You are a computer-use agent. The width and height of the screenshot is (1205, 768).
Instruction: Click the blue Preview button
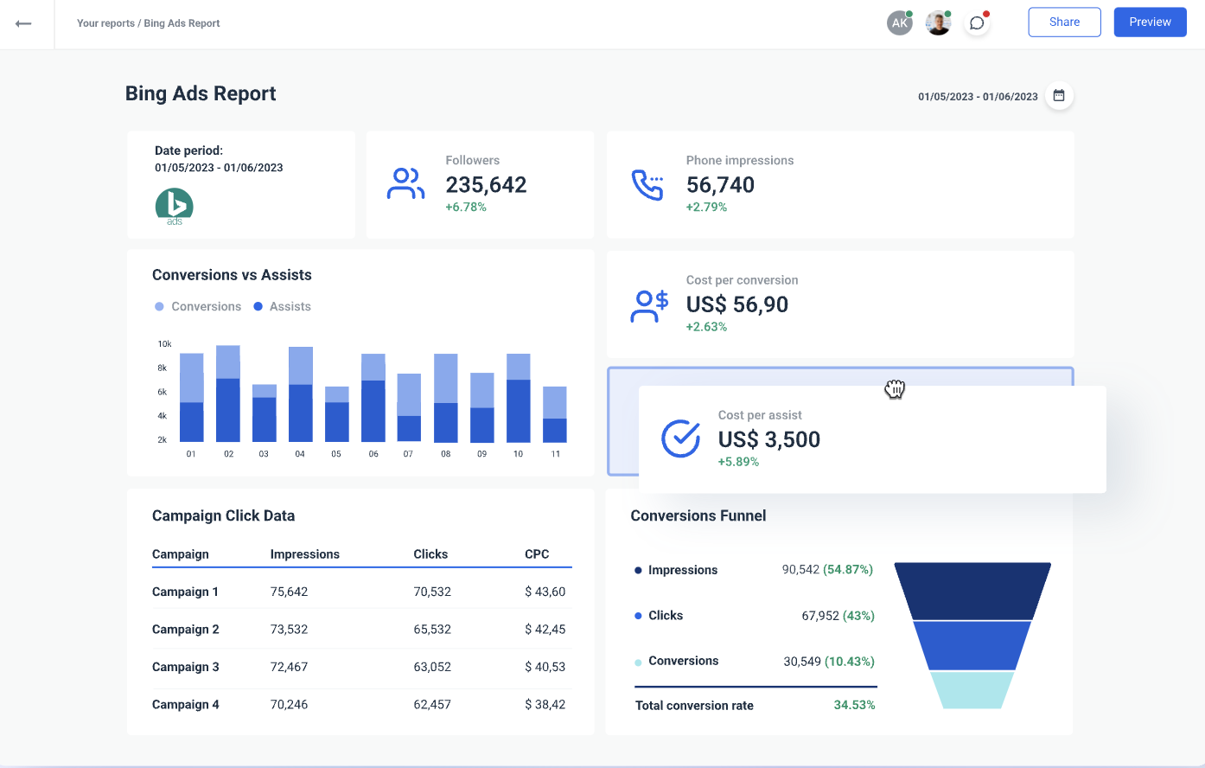pos(1150,22)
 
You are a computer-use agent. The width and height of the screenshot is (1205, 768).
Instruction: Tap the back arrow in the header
pos(23,23)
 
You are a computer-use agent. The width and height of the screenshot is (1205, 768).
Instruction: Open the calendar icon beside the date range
pos(1059,95)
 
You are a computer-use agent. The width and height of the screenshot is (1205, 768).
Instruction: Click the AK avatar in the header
pos(899,23)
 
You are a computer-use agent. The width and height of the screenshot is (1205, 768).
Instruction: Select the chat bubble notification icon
pos(977,23)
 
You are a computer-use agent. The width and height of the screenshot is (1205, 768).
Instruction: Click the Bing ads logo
pos(175,207)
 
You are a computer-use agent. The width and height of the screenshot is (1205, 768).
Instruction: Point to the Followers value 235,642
pos(486,185)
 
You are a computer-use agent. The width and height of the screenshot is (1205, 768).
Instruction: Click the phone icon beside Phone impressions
pos(647,184)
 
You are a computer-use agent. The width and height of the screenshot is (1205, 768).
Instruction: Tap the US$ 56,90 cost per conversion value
pos(736,304)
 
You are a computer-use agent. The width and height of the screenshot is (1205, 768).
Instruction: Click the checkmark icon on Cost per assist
pos(680,438)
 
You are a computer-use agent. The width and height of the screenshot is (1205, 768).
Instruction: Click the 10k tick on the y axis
pos(164,344)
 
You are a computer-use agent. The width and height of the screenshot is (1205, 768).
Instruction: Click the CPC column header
pos(537,554)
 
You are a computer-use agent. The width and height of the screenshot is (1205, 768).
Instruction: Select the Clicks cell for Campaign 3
pos(432,667)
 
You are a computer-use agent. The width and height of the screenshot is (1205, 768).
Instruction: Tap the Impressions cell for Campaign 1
pos(289,592)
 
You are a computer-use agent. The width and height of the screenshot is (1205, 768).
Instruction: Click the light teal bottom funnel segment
pos(972,690)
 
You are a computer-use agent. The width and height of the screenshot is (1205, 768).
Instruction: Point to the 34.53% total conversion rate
pos(854,705)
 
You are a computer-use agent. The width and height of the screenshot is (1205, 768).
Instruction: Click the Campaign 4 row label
pos(185,705)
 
